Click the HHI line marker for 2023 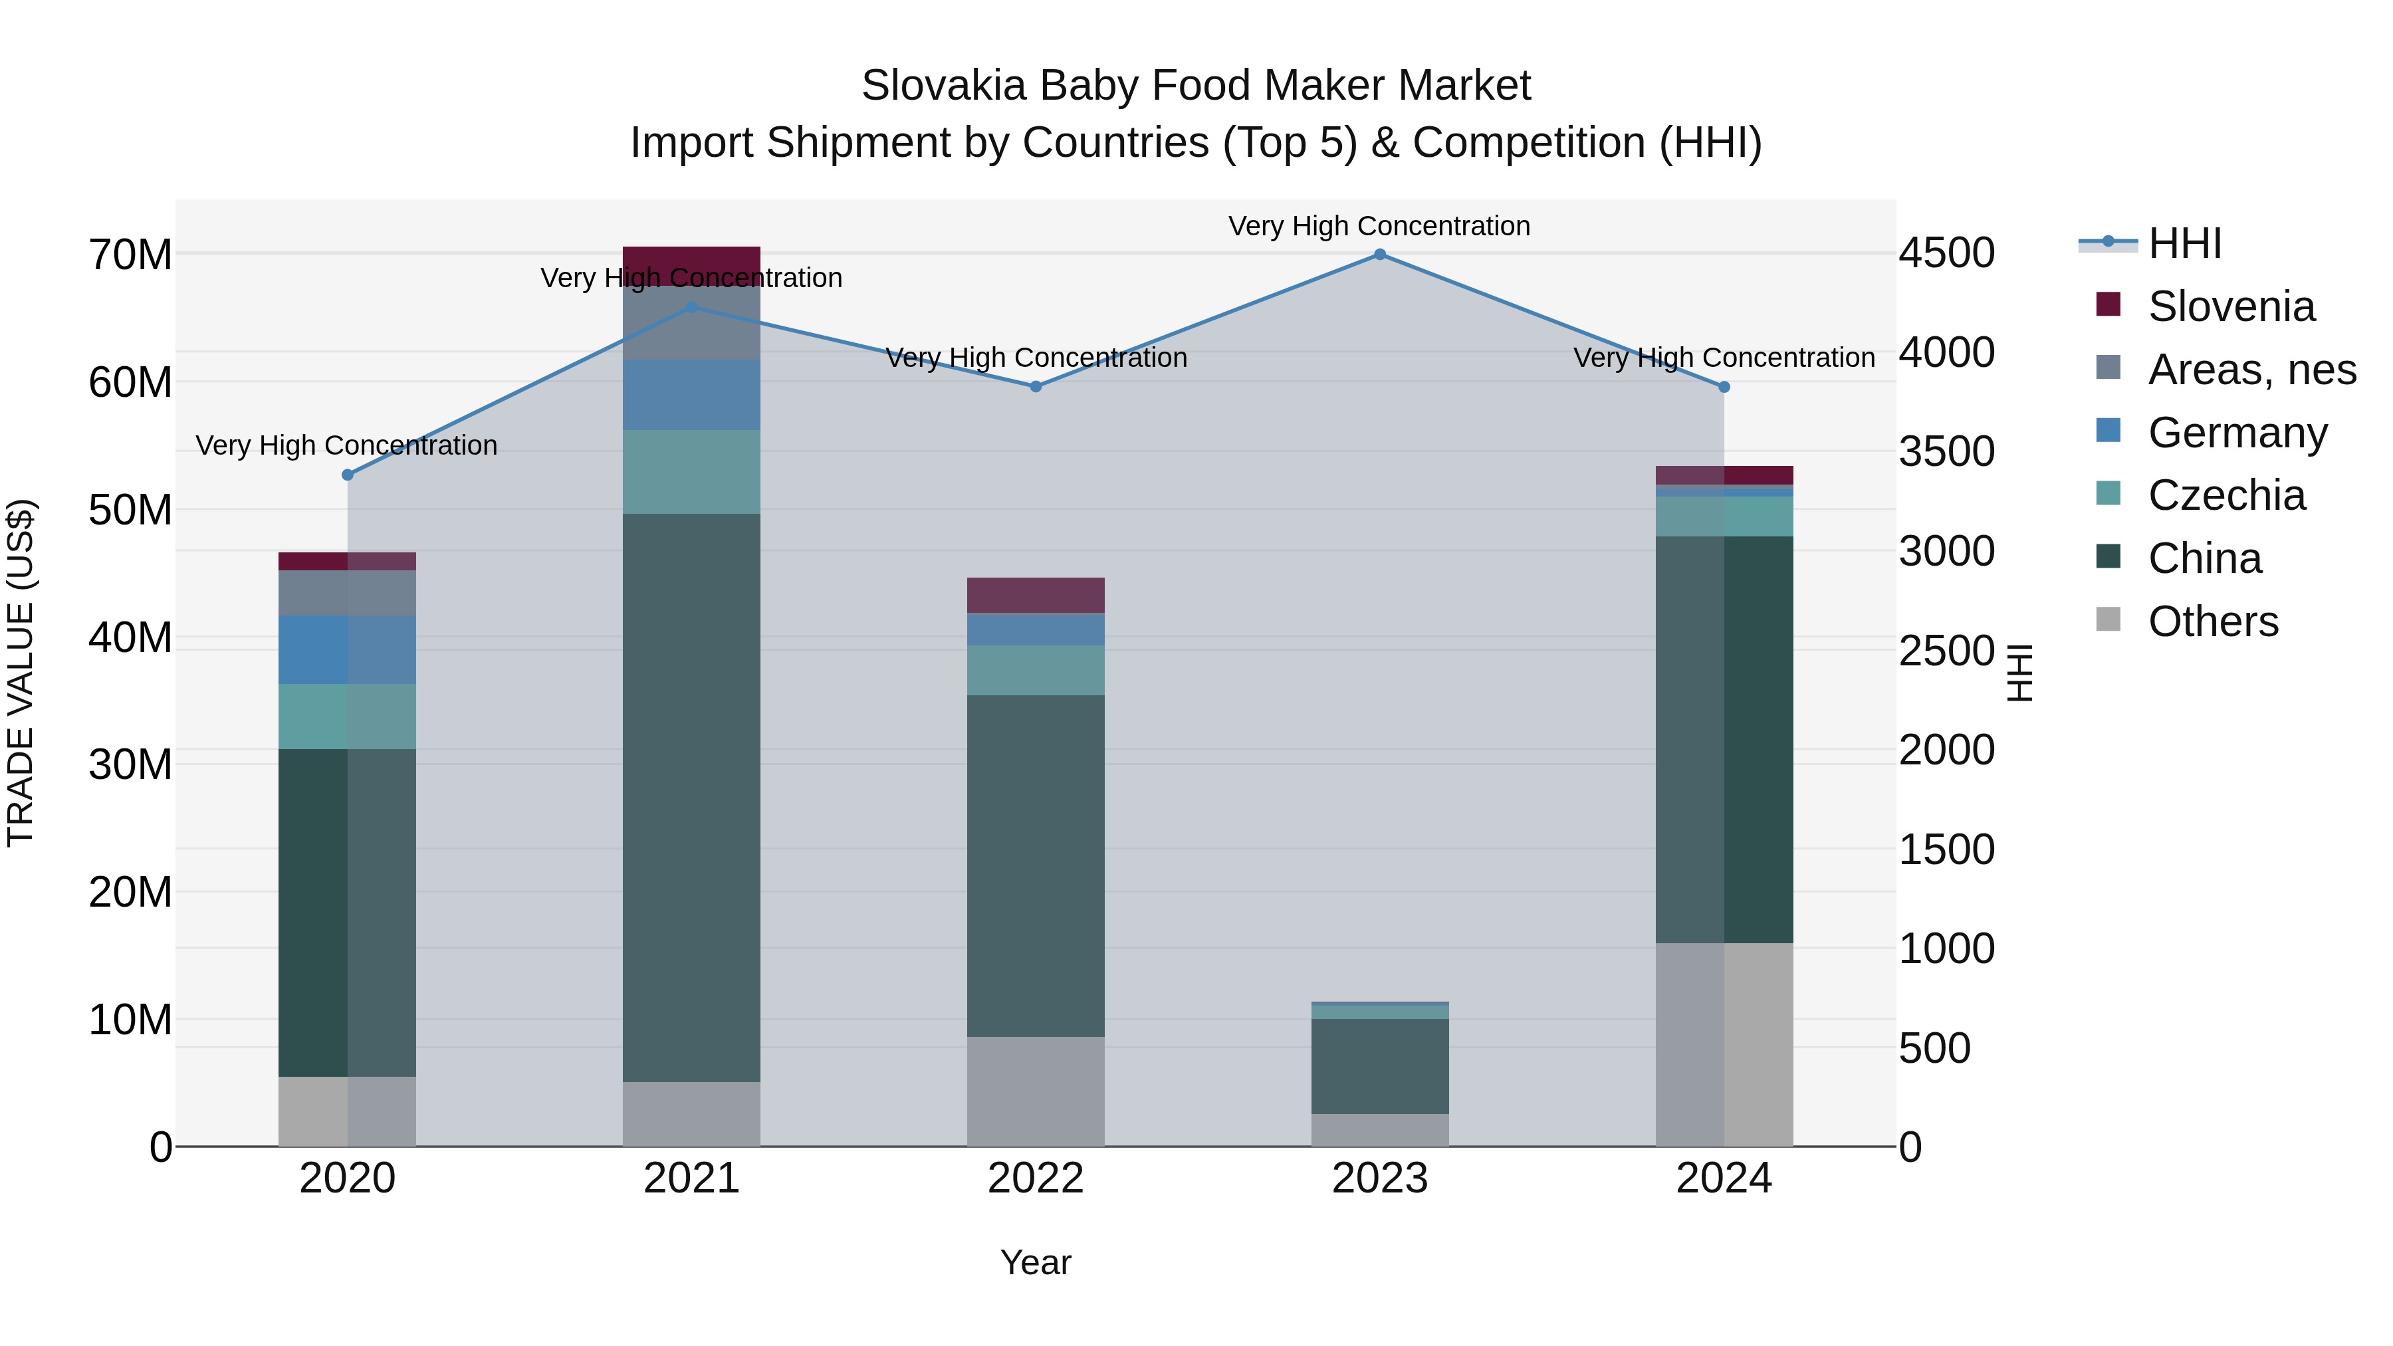pos(1379,255)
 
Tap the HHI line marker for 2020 pos(348,475)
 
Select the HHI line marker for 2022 pos(1036,386)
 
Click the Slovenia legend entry pos(2229,306)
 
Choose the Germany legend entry pos(2236,433)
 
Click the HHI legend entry pos(2183,243)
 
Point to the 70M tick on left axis pos(130,255)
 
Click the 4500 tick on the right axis pos(1946,253)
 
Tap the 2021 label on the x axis pos(691,1178)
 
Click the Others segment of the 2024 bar pos(1724,1044)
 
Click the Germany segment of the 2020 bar pos(348,649)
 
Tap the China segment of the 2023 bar pos(1379,1066)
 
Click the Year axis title pos(1035,1262)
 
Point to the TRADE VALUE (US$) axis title pos(21,673)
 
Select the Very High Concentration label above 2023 pos(1379,226)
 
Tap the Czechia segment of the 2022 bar pos(1036,670)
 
